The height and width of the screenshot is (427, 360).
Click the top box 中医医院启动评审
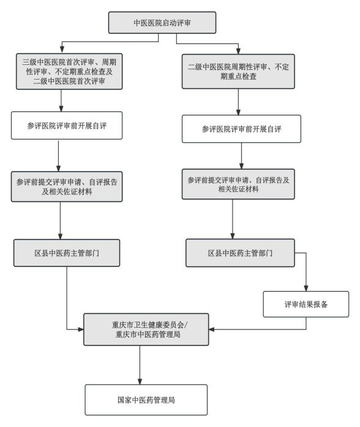(162, 23)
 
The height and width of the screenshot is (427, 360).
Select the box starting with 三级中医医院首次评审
(69, 71)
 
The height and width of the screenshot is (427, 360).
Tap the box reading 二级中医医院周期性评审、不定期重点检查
(238, 71)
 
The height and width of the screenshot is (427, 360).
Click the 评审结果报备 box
(306, 304)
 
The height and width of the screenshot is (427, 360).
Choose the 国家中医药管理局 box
(146, 400)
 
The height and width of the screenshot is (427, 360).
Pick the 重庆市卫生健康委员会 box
(146, 330)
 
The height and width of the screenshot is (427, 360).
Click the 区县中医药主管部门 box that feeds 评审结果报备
(240, 253)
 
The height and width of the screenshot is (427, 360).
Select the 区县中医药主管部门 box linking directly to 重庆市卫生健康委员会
(67, 253)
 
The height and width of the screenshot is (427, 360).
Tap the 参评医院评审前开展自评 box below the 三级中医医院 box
(67, 126)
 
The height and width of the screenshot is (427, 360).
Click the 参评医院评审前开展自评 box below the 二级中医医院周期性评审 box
(241, 129)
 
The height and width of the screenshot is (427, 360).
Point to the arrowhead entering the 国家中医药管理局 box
(140, 381)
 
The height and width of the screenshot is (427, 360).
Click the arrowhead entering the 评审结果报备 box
(306, 288)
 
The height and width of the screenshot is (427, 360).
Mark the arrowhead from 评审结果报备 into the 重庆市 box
(212, 330)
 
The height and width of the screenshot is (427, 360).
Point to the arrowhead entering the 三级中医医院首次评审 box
(62, 50)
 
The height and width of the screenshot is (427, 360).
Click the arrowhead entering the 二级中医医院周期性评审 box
(238, 51)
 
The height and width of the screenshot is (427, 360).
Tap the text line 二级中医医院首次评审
(69, 81)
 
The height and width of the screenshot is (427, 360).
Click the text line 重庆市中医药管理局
(148, 334)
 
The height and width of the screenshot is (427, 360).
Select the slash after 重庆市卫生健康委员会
(186, 325)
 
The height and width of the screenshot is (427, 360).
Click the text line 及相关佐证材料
(67, 191)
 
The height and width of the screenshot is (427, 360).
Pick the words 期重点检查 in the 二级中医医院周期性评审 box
(238, 76)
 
